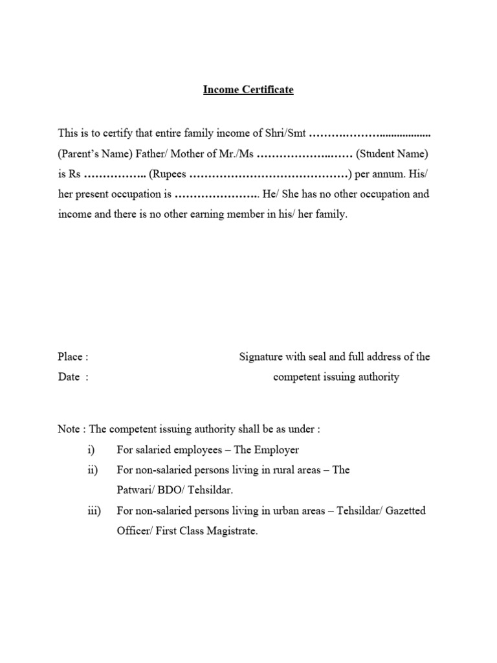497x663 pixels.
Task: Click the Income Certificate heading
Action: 248,90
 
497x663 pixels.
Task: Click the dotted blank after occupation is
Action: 215,195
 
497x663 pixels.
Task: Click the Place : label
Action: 72,357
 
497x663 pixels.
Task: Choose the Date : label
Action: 72,377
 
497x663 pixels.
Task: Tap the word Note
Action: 69,429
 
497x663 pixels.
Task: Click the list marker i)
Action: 90,449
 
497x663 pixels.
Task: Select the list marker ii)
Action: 91,470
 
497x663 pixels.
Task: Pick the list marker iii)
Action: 93,511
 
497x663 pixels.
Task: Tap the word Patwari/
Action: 137,490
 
